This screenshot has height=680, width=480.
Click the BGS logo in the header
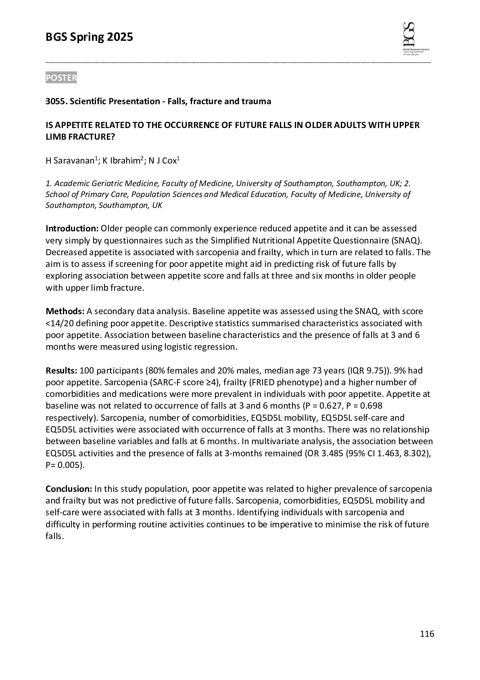(x=415, y=38)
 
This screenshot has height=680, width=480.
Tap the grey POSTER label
(x=61, y=78)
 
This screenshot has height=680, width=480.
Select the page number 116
(x=427, y=634)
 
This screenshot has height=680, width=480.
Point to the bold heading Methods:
(x=65, y=312)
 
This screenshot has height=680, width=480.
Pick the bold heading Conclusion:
(x=69, y=489)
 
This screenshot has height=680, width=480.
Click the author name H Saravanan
(x=70, y=161)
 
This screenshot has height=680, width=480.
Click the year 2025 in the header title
(x=120, y=37)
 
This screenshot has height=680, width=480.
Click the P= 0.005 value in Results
(x=65, y=465)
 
